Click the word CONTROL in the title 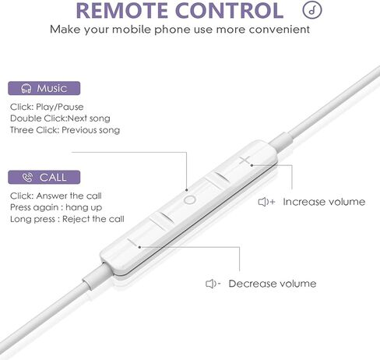(x=230, y=10)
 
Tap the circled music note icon (x=312, y=10)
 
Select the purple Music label (x=44, y=88)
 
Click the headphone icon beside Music (x=26, y=89)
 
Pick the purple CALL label (x=44, y=178)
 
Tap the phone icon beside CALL (x=27, y=178)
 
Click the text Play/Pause (x=60, y=107)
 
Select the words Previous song (x=91, y=130)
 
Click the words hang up (x=83, y=207)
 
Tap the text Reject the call (x=93, y=219)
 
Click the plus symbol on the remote (x=245, y=161)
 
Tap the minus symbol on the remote (x=133, y=243)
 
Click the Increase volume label (x=324, y=202)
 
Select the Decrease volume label (x=273, y=284)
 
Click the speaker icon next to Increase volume (x=266, y=202)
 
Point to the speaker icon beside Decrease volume (x=213, y=284)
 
